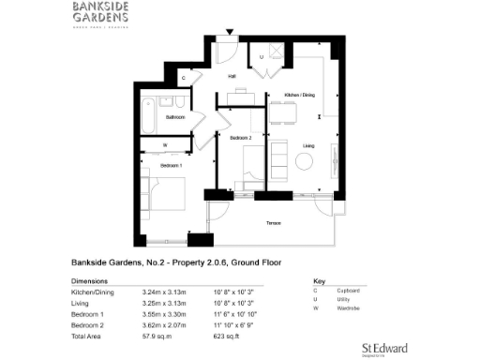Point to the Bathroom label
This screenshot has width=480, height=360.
pyautogui.click(x=175, y=117)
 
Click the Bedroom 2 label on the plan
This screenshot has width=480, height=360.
pyautogui.click(x=242, y=138)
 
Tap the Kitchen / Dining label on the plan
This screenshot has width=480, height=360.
pyautogui.click(x=299, y=95)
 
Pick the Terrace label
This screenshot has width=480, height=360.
pyautogui.click(x=273, y=222)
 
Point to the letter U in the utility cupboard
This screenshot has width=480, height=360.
pyautogui.click(x=262, y=58)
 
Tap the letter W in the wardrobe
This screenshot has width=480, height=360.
pyautogui.click(x=165, y=144)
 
